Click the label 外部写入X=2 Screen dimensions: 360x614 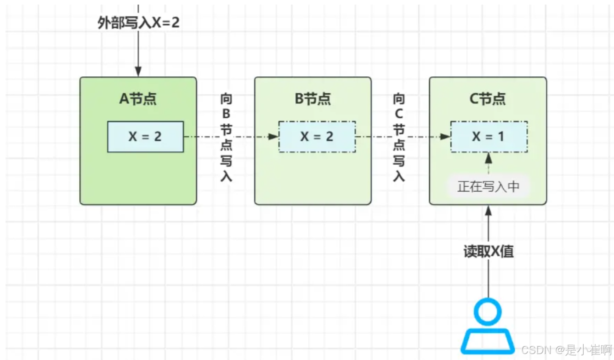pos(138,23)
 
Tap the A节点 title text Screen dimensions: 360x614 pos(138,99)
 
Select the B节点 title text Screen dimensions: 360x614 pos(313,99)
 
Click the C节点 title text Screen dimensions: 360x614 pos(487,99)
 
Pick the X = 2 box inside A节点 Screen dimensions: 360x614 pos(145,137)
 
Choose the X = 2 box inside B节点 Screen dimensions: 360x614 pos(317,137)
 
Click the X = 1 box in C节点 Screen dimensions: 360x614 pos(489,137)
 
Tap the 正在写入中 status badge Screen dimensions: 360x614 pos(488,187)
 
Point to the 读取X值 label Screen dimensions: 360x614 pos(489,252)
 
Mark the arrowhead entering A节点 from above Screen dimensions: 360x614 pos(138,72)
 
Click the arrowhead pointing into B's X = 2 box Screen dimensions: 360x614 pos(273,137)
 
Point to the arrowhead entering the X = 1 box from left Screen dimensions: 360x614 pos(445,137)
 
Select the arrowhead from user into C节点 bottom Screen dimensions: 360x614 pos(489,210)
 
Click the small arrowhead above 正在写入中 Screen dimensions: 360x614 pos(489,158)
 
